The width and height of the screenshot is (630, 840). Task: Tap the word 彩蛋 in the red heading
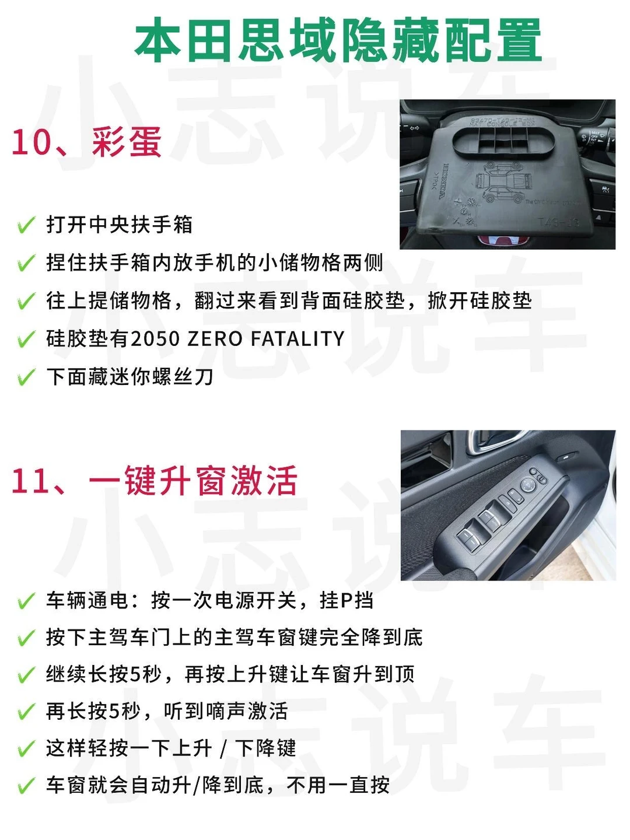[127, 142]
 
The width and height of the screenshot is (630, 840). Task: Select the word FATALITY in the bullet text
[297, 339]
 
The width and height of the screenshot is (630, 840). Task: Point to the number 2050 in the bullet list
[155, 339]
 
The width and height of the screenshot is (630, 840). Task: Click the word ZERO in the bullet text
[215, 339]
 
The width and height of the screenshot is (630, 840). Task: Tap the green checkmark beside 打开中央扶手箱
[26, 225]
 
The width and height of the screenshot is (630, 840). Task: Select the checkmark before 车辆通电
[26, 601]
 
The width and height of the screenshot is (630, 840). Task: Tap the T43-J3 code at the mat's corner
[558, 222]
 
